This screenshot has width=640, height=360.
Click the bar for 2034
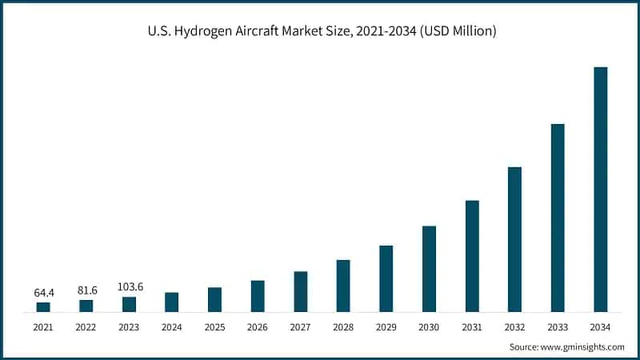tap(600, 190)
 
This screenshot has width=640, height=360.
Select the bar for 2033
tap(558, 218)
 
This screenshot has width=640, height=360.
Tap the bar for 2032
tap(514, 239)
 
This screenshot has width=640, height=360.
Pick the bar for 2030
tap(429, 269)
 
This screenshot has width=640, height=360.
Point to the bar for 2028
tap(343, 286)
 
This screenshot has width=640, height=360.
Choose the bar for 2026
tap(258, 296)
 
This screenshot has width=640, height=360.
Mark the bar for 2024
tap(172, 302)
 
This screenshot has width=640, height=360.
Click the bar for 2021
tap(43, 306)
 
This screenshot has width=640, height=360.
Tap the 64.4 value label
tap(43, 293)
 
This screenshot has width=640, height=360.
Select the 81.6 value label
tap(86, 290)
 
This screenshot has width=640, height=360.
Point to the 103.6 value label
tap(129, 287)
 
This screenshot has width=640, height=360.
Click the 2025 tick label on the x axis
tap(214, 327)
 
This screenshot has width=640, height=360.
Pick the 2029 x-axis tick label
tap(386, 327)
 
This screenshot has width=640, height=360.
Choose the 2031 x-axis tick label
tap(472, 327)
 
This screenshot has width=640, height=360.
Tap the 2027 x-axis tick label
tap(300, 327)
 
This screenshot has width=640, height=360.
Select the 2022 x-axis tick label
tap(86, 327)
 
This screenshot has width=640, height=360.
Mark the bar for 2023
tap(129, 304)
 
